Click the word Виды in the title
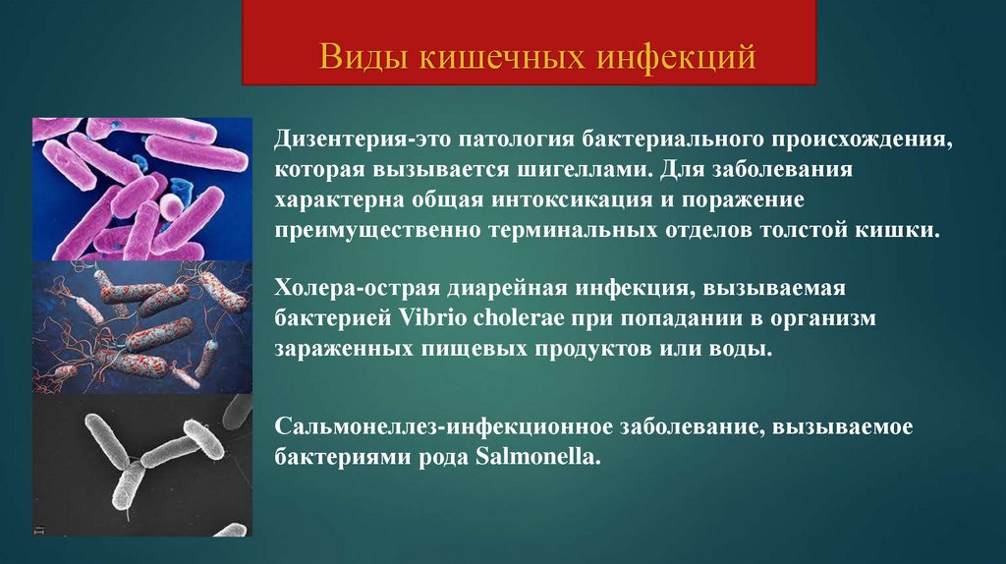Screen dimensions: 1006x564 pyautogui.click(x=363, y=56)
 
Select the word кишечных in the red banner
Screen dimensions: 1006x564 pyautogui.click(x=502, y=56)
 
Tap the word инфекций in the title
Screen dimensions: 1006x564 pyautogui.click(x=677, y=56)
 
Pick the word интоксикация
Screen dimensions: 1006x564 pyautogui.click(x=573, y=199)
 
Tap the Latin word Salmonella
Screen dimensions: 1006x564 pyautogui.click(x=537, y=457)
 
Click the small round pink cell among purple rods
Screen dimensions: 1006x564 pyautogui.click(x=171, y=206)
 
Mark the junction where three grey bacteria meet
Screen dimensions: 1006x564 pyautogui.click(x=134, y=463)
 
